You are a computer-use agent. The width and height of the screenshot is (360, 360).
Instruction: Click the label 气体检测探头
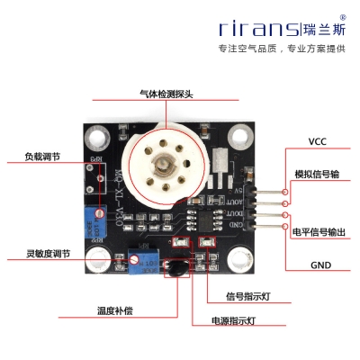pyautogui.click(x=166, y=92)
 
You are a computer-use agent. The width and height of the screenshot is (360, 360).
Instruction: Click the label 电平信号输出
pyautogui.click(x=319, y=231)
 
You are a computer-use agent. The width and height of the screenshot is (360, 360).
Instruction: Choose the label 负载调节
pyautogui.click(x=42, y=156)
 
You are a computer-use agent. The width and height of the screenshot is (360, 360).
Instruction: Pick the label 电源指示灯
pyautogui.click(x=233, y=319)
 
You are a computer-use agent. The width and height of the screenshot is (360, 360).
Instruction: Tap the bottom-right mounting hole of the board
pyautogui.click(x=239, y=261)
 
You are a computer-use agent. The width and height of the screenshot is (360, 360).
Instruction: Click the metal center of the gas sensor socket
pyautogui.click(x=166, y=166)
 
